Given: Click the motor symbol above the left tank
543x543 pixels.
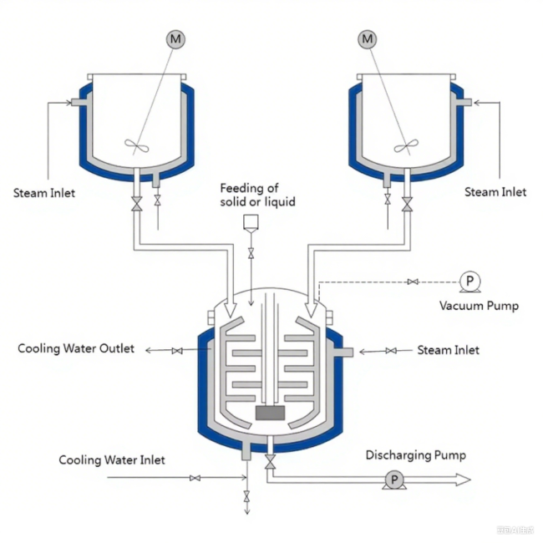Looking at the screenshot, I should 175,38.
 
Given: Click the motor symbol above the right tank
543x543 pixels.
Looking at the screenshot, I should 368,38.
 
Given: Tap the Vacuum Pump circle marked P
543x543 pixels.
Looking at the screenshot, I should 469,282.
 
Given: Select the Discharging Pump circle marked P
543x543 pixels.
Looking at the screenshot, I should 393,480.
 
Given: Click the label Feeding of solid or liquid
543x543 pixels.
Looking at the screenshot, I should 257,195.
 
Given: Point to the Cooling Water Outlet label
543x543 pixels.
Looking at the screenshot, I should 76,348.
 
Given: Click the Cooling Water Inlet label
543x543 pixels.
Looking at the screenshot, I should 112,460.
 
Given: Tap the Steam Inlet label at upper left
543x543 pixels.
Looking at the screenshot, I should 44,193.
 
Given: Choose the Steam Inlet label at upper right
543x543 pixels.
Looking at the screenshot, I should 495,192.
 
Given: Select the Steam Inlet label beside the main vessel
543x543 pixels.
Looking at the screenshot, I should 449,350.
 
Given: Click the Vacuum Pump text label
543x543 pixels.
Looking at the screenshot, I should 479,306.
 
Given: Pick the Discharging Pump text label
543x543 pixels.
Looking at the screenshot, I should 415,455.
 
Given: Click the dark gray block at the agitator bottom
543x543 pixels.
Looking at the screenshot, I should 271,414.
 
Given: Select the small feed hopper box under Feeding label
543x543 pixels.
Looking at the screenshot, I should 250,222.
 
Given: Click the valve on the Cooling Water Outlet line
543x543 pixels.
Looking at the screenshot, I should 177,351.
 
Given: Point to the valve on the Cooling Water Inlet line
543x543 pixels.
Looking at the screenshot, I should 195,479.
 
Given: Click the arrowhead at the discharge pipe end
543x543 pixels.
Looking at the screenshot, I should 461,480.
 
